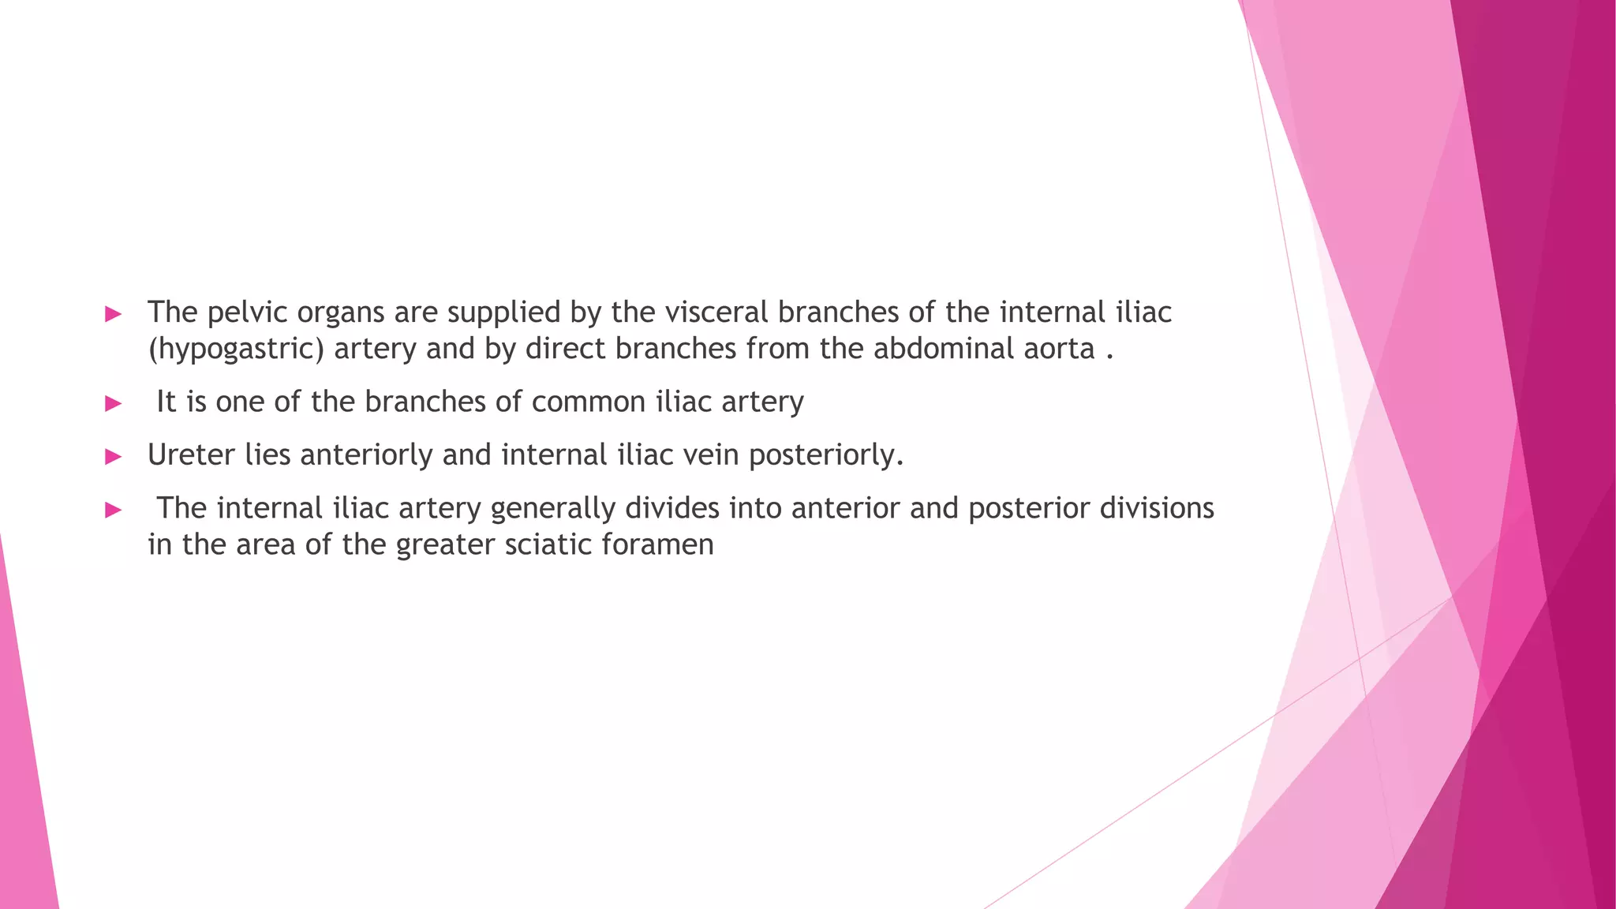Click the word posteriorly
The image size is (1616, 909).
[x=825, y=456]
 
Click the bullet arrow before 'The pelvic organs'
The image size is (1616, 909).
[x=114, y=314]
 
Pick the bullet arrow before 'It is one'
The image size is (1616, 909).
[x=114, y=404]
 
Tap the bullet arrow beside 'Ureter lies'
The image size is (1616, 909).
[x=114, y=456]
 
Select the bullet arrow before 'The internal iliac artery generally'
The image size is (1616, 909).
[x=114, y=510]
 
